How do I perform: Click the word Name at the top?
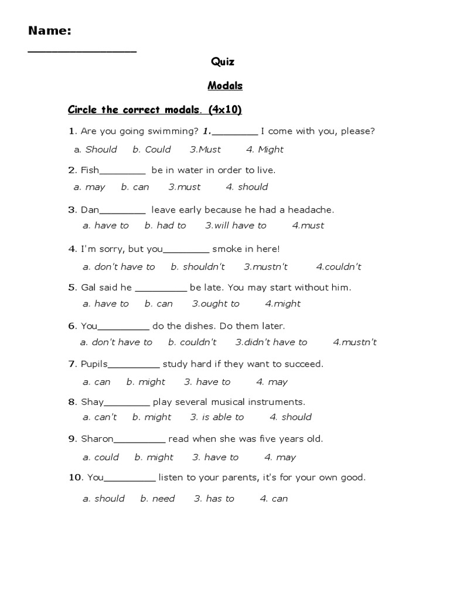(x=49, y=31)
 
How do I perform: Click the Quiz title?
(x=223, y=62)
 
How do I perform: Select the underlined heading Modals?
(x=225, y=86)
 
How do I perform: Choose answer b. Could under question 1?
(x=152, y=150)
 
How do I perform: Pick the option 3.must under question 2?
(x=185, y=187)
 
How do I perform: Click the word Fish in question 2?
(x=90, y=170)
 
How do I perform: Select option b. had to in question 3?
(x=165, y=225)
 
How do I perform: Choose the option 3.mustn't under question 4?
(x=266, y=267)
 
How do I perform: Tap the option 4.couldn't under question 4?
(x=339, y=267)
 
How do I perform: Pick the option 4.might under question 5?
(x=282, y=304)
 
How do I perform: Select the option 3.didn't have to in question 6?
(x=271, y=342)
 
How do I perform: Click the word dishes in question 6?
(x=231, y=326)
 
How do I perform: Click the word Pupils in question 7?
(x=94, y=364)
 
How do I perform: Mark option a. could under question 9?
(x=101, y=457)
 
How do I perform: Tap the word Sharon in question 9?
(x=97, y=438)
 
